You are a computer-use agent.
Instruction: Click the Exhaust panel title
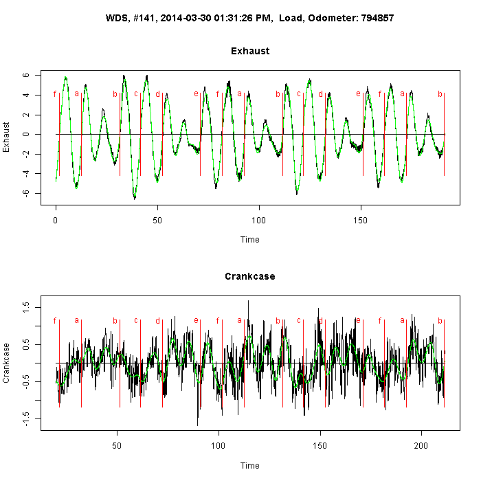click(250, 51)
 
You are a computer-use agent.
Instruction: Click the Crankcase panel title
click(250, 276)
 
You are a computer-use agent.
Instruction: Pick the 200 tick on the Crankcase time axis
click(421, 445)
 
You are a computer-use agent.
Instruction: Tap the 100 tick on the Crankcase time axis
click(219, 445)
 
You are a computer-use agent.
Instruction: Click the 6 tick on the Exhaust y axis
click(25, 75)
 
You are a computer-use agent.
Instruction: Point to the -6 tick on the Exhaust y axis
click(24, 193)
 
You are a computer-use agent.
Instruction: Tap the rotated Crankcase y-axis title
click(8, 362)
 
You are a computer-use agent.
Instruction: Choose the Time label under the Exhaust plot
click(250, 240)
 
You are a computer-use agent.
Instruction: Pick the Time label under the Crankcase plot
click(250, 465)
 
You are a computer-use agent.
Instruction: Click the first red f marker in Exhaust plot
click(55, 94)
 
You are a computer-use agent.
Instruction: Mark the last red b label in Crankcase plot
click(440, 320)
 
